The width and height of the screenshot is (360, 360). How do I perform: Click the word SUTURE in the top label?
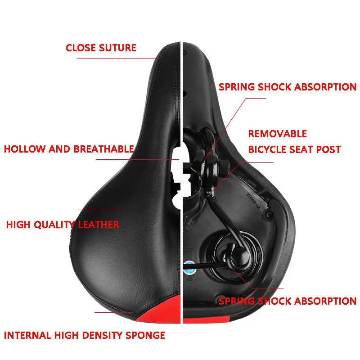point(116,48)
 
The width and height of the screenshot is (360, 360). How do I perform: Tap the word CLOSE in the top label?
point(79,48)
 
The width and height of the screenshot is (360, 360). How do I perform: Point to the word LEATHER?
point(99,225)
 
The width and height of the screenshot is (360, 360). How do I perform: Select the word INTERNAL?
point(27,335)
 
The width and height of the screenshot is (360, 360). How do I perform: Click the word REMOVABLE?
point(278,134)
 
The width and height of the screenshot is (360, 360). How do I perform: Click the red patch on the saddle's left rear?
point(157,313)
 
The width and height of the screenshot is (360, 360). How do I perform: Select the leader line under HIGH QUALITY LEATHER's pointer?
point(101,209)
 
